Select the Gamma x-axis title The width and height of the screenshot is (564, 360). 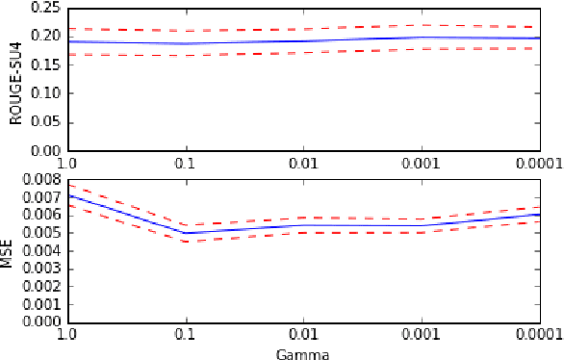[x=303, y=353]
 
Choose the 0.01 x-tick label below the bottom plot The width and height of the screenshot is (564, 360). [x=304, y=333]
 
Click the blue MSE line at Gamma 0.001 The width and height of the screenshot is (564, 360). [x=422, y=225]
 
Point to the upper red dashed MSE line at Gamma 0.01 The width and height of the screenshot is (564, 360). [x=304, y=218]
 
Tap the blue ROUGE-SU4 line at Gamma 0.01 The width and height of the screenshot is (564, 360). [x=304, y=40]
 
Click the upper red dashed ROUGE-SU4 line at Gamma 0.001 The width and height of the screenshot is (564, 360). [x=422, y=25]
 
